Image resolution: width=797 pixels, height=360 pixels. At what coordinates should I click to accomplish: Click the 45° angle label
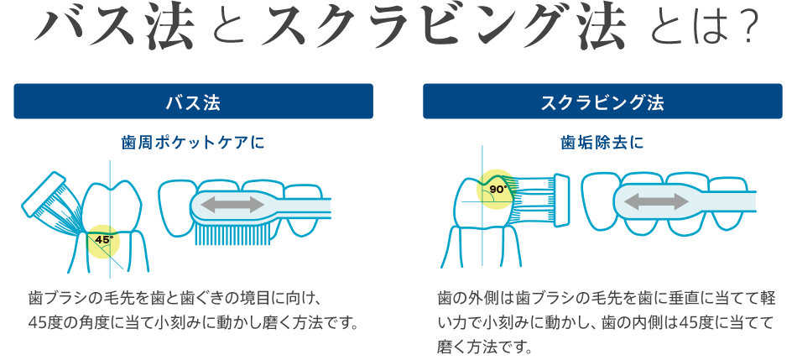coord(104,240)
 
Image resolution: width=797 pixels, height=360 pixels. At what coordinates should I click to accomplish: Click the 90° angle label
coord(497,189)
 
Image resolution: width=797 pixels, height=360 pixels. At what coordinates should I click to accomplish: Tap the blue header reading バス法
coord(193,102)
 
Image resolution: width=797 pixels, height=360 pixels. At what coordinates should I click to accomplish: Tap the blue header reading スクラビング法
coord(602,102)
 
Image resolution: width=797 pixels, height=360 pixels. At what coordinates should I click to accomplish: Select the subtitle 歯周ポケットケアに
coord(193,143)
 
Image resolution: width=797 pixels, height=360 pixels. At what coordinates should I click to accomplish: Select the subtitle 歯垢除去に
coord(602,143)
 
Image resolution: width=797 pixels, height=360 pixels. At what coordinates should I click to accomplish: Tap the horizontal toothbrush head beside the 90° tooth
coord(537,197)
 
